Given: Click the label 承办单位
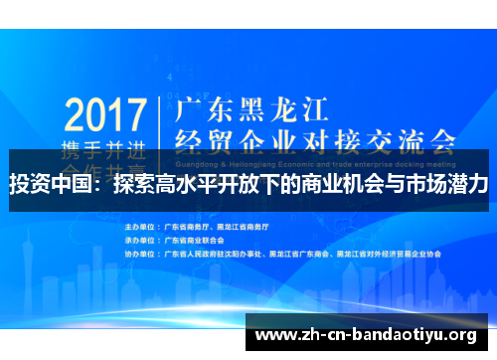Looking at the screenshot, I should pos(141,240).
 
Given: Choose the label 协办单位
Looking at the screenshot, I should pos(141,253).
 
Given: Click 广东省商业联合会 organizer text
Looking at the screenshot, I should pos(196,240).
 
